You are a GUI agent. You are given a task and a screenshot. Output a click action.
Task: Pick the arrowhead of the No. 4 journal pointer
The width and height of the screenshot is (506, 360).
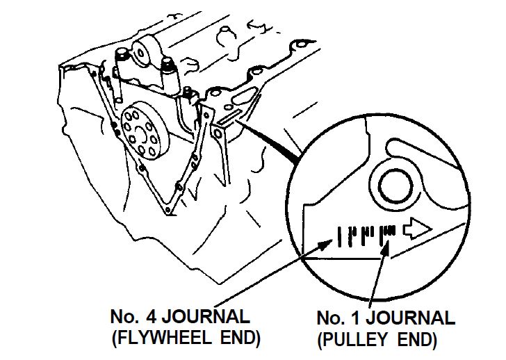(328, 240)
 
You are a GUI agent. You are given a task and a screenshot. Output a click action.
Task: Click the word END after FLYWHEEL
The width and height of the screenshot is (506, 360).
(238, 339)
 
